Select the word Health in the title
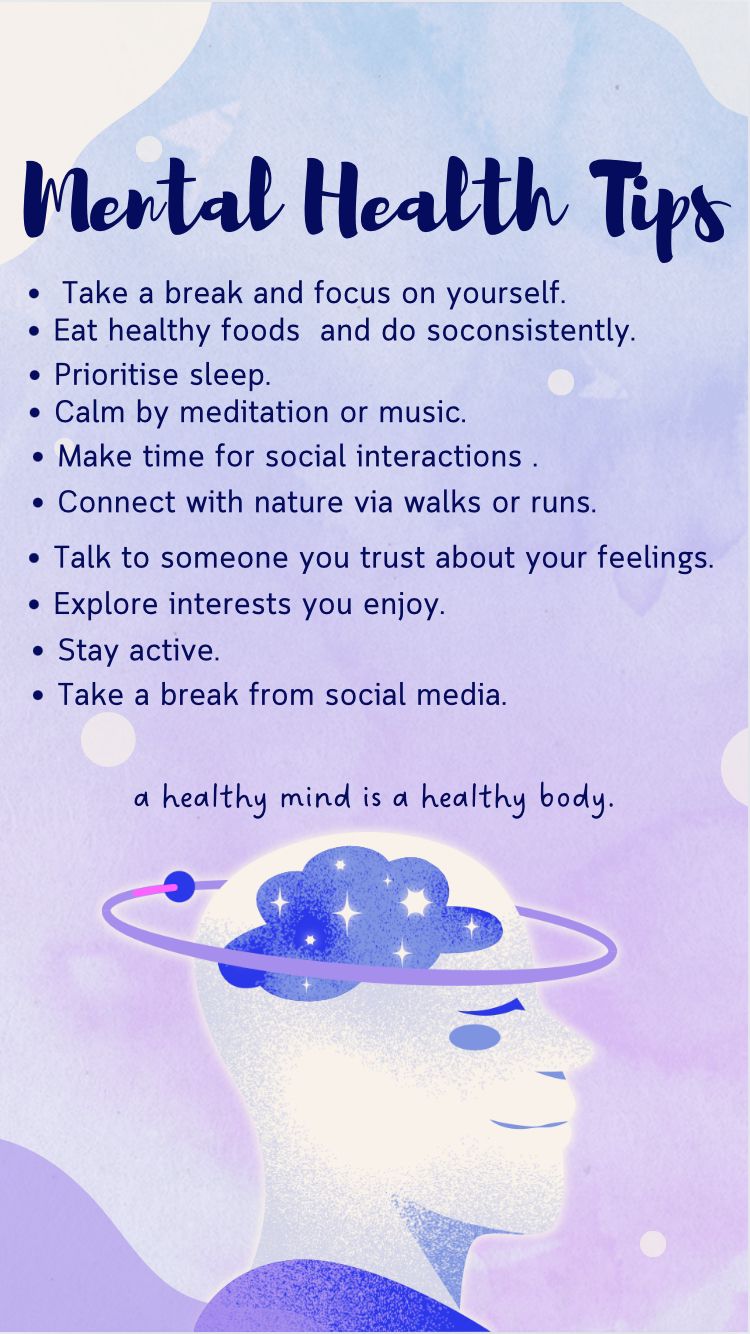[435, 197]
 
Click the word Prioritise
[116, 375]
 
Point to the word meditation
[254, 412]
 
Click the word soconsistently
[531, 331]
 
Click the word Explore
[106, 604]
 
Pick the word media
[461, 694]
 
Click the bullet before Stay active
[38, 651]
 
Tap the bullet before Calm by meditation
[35, 413]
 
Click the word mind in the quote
[315, 797]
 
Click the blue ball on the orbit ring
[178, 886]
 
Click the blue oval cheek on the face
[474, 1037]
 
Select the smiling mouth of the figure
[528, 1124]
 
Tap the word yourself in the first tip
[505, 294]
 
